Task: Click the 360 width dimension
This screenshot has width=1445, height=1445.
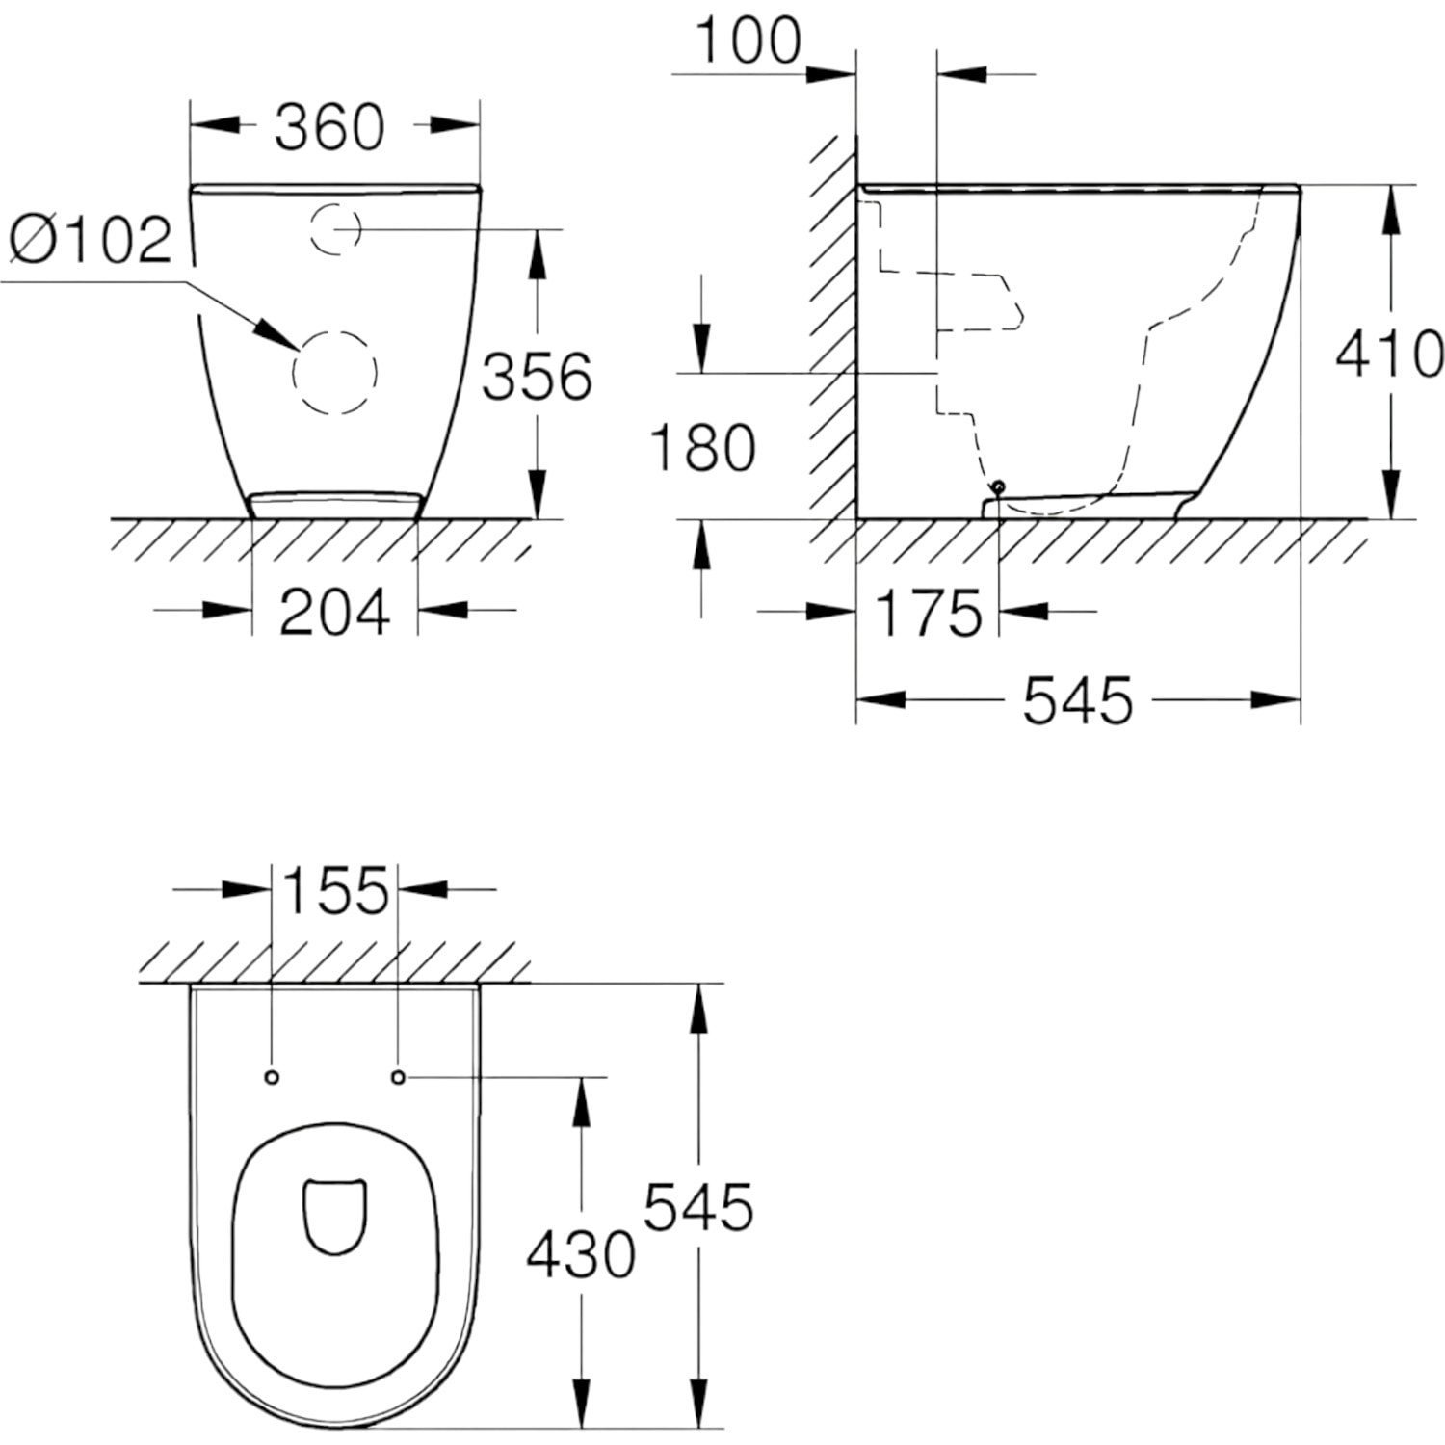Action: [x=329, y=127]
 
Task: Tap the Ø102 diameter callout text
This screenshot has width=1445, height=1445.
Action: [x=91, y=239]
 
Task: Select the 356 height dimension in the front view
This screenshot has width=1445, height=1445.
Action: [x=537, y=376]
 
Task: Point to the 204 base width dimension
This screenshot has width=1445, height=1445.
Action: [x=334, y=612]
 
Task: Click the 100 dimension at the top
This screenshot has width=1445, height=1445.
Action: [x=748, y=40]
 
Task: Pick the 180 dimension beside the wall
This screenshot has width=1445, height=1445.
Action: [x=703, y=448]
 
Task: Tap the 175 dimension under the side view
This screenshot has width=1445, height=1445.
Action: [x=929, y=613]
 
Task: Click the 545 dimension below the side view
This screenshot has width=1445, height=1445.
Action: [x=1078, y=700]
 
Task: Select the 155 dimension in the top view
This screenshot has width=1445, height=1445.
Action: [x=336, y=890]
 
